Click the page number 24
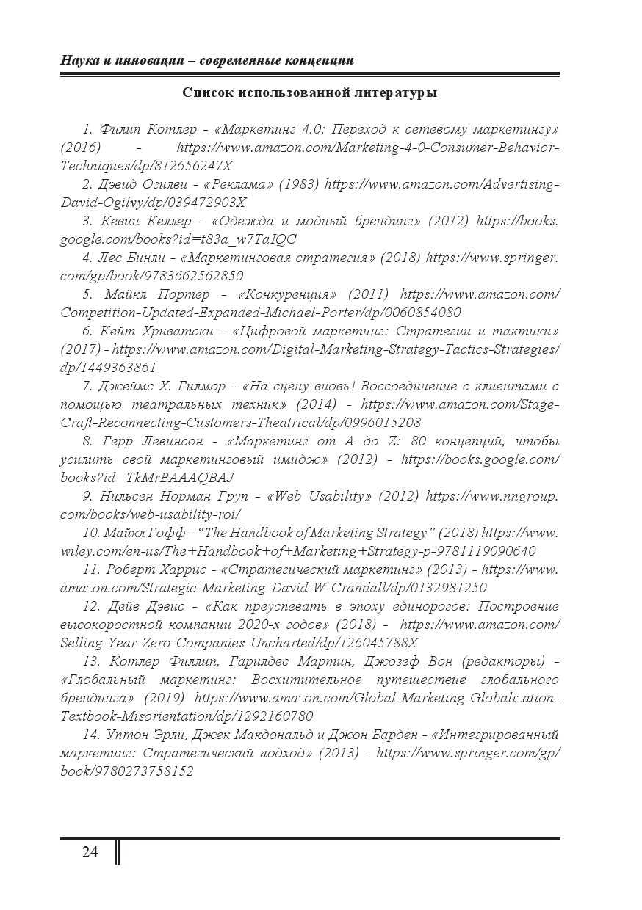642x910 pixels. (90, 852)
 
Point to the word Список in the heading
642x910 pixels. (208, 93)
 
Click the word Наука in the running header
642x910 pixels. (79, 59)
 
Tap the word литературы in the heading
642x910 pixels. (400, 93)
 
